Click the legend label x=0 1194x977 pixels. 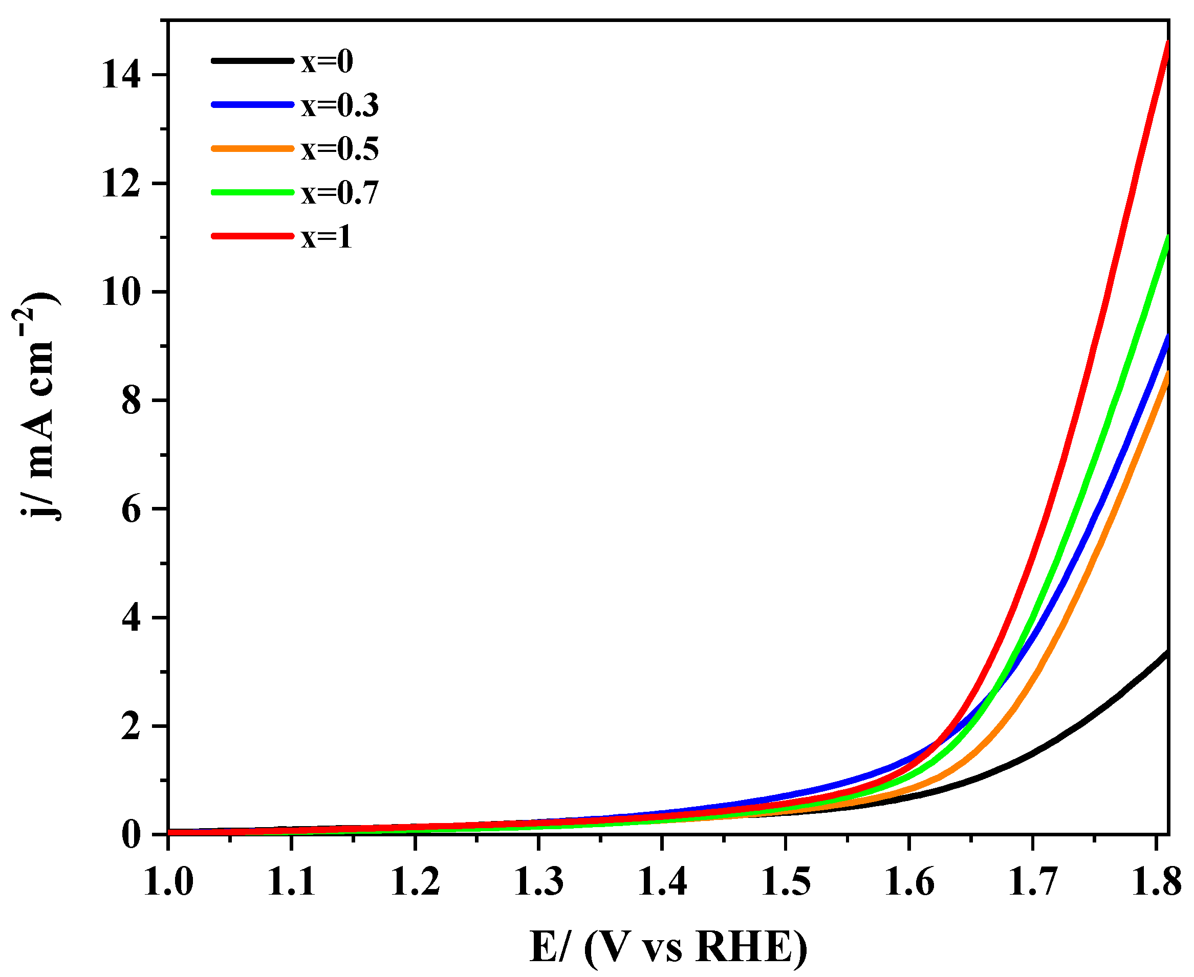pos(327,62)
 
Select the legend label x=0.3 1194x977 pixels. pos(340,106)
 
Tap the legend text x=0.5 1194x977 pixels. pos(340,150)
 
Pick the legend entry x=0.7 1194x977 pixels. pos(340,193)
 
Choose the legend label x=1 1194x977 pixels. pos(327,237)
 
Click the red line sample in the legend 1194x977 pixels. pos(253,236)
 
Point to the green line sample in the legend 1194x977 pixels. pos(253,192)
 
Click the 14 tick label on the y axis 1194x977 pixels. pos(121,75)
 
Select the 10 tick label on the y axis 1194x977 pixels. pos(121,293)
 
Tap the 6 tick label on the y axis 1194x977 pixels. pos(131,510)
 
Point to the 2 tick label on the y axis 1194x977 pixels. pos(131,727)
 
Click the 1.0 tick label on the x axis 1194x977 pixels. pos(168,881)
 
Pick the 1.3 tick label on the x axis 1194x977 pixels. pos(539,881)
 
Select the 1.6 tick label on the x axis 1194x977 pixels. pos(909,881)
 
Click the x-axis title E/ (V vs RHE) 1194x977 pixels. pos(669,947)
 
